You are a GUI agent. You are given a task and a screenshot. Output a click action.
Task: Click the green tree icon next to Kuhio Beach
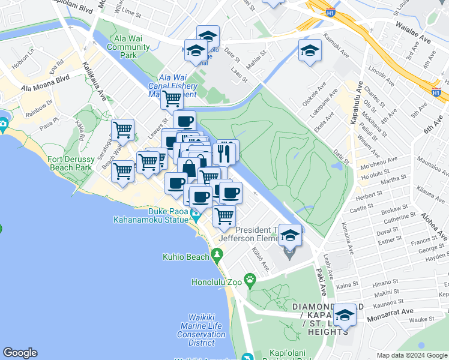coord(217,256)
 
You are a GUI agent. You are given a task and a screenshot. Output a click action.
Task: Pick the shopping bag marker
coord(188,168)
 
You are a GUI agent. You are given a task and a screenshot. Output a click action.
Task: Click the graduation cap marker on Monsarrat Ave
coord(345,315)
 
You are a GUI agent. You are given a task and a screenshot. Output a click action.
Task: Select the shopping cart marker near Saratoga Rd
coord(123,129)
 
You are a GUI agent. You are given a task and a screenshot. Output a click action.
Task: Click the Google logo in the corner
coord(20,353)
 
